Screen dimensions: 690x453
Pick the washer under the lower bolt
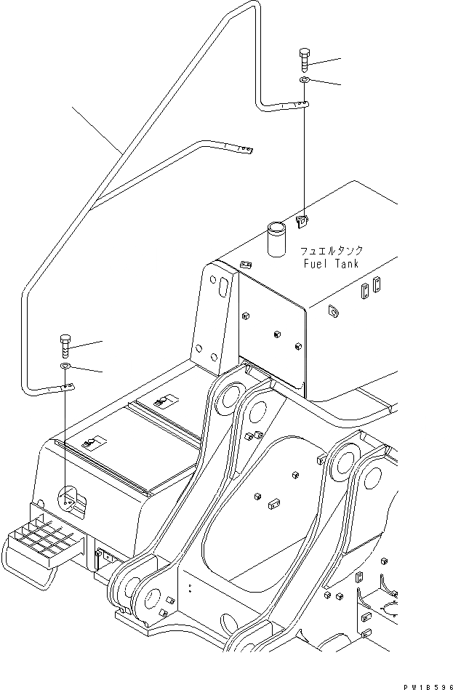65,365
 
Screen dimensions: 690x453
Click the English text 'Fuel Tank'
331,264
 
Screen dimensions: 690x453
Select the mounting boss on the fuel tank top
303,220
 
